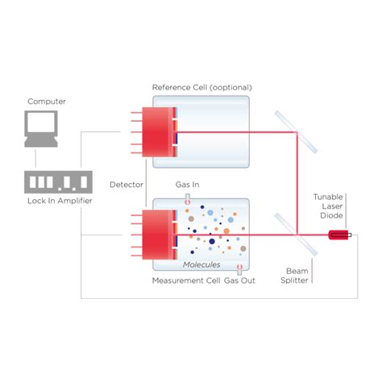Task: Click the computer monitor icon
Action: point(41,130)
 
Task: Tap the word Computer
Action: point(47,102)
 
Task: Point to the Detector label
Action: point(127,185)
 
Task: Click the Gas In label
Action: point(187,185)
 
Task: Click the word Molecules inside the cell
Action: point(201,264)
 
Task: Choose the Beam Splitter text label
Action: point(297,276)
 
